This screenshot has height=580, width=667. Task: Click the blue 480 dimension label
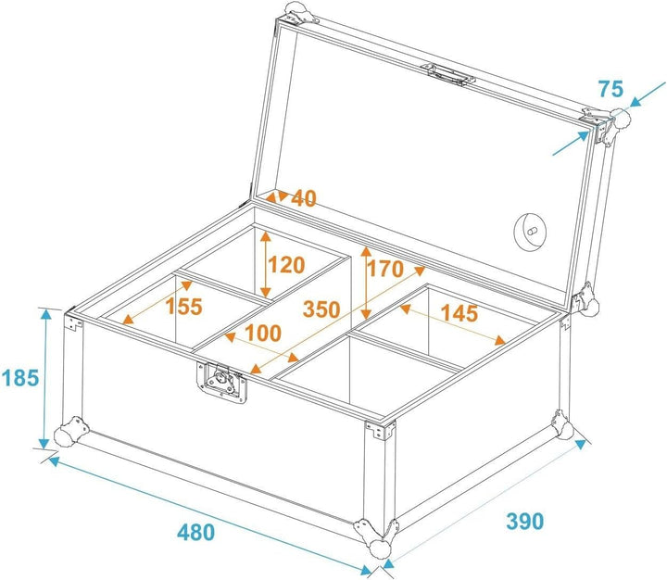pyautogui.click(x=196, y=532)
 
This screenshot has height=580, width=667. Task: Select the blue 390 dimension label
pyautogui.click(x=525, y=521)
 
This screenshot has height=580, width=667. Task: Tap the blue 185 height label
pyautogui.click(x=20, y=377)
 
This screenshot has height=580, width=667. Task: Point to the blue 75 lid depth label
pyautogui.click(x=610, y=89)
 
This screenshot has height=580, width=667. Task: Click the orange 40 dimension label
pyautogui.click(x=304, y=198)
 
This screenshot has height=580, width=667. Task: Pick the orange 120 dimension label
pyautogui.click(x=286, y=265)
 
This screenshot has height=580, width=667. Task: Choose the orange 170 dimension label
pyautogui.click(x=385, y=269)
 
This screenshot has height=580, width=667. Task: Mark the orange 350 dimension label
pyautogui.click(x=321, y=309)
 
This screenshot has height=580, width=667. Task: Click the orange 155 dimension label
pyautogui.click(x=183, y=307)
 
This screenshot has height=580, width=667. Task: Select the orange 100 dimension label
pyautogui.click(x=263, y=334)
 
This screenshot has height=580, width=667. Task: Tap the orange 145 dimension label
pyautogui.click(x=459, y=313)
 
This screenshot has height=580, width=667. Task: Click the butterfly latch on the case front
pyautogui.click(x=221, y=382)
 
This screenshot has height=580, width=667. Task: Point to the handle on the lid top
pyautogui.click(x=447, y=75)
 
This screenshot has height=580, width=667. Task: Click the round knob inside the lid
pyautogui.click(x=531, y=232)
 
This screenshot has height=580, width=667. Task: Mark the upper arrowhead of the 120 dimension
pyautogui.click(x=266, y=237)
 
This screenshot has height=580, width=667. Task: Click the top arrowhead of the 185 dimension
pyautogui.click(x=45, y=314)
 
